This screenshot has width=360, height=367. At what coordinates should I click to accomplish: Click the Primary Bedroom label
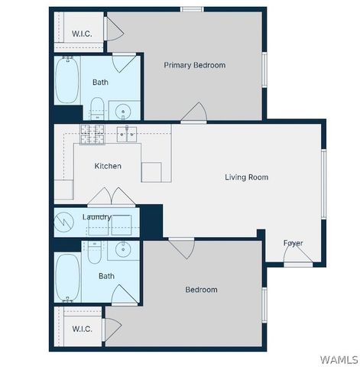tap(195, 65)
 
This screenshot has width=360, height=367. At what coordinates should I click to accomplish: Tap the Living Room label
tap(246, 177)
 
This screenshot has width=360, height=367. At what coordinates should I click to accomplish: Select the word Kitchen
tap(108, 166)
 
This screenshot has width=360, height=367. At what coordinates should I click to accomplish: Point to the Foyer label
tap(293, 243)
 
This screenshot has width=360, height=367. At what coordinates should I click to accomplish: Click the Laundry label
tap(97, 217)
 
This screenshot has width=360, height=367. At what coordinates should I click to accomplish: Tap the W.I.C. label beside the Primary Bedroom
tap(82, 34)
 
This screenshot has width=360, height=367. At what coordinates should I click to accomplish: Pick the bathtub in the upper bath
tap(66, 81)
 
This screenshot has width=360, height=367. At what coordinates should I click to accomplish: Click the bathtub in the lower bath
tap(66, 278)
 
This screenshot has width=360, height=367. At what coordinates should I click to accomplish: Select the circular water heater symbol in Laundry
tap(63, 222)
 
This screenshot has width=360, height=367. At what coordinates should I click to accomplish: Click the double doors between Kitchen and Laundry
tap(112, 196)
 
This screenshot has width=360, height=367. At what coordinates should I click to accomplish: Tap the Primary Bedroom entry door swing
tap(193, 112)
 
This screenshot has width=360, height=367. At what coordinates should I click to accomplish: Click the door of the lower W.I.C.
tap(113, 328)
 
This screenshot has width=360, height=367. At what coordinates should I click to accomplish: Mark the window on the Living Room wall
tap(323, 180)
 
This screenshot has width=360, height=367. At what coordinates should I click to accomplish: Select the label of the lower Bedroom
tap(201, 290)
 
